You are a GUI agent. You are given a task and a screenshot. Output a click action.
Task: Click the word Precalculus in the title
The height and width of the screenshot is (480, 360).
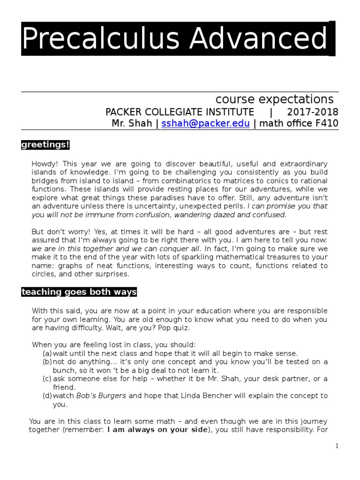(90, 39)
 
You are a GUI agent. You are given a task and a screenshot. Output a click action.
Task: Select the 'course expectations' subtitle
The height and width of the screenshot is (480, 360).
(274, 99)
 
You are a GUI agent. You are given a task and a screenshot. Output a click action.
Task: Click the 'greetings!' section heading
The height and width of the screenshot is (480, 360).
(45, 145)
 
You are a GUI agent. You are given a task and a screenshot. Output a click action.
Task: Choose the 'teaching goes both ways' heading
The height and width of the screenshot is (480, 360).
(79, 292)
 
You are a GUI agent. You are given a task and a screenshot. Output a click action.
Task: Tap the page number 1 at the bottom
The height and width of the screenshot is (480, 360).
(337, 446)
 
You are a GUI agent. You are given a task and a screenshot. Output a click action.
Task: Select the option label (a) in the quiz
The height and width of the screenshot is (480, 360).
(47, 353)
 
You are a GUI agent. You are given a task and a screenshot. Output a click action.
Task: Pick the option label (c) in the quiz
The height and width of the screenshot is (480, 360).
(47, 379)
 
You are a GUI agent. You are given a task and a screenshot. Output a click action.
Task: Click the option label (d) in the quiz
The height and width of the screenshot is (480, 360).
(47, 396)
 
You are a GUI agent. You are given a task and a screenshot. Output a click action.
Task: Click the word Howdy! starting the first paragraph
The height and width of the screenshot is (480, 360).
(43, 163)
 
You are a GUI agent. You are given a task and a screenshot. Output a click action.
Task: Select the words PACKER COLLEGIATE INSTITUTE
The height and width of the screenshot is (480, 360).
(180, 112)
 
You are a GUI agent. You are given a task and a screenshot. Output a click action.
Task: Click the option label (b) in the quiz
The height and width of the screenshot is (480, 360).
(47, 362)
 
